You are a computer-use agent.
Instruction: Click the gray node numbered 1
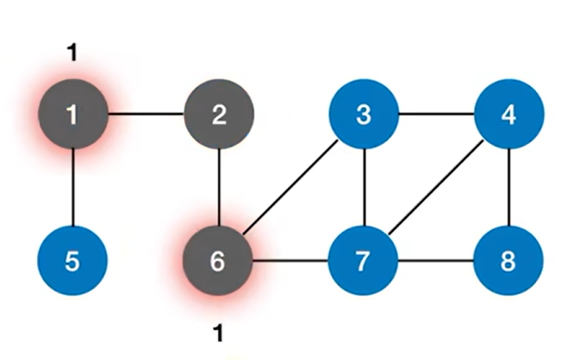click(x=72, y=115)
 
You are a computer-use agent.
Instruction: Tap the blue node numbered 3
click(x=364, y=115)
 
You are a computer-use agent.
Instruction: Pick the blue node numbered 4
click(x=509, y=115)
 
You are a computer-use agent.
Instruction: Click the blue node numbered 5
click(x=72, y=260)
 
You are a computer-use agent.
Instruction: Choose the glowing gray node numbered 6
click(x=218, y=260)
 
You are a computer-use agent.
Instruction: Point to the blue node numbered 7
click(x=364, y=260)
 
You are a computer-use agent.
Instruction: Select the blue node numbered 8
click(x=509, y=260)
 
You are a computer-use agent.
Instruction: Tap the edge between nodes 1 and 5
click(x=72, y=188)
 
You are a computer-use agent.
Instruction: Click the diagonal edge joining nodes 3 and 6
click(x=291, y=188)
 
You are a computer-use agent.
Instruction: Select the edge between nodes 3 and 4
click(x=436, y=115)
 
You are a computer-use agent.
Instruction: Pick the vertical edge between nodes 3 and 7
click(x=364, y=188)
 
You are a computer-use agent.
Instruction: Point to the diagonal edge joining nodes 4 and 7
click(x=436, y=188)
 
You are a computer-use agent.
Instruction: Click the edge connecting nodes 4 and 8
click(x=509, y=188)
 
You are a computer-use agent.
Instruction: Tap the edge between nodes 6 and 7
click(x=291, y=260)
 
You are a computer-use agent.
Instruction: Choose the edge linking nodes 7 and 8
click(x=436, y=260)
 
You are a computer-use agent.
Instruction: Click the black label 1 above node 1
click(x=72, y=53)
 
